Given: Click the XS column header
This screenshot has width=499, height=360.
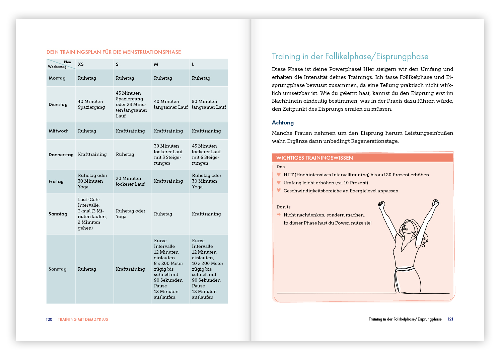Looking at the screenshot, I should pos(81,64).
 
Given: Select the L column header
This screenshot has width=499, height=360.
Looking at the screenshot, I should pos(193,64).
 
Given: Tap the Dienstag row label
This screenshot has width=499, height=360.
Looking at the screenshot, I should pos(58,104).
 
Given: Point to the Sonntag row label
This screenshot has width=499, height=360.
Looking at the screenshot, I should pos(58,269).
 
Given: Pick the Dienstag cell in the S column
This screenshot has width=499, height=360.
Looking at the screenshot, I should pos(131,104).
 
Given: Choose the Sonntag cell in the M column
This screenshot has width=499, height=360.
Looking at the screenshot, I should pos(168,269).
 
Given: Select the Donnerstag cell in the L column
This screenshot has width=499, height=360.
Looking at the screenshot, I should pos(206,155).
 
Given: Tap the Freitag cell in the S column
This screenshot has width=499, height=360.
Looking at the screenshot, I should pos(130,181).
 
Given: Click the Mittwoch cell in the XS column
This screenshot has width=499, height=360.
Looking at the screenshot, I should pos(87,131).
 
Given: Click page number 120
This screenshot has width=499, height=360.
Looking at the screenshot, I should pos(49,320).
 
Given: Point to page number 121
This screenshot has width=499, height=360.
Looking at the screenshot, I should pos(450,319).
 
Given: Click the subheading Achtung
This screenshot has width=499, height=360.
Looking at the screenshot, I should pos(283,122).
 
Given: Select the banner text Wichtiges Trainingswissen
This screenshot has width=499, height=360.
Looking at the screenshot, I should pos(314,158).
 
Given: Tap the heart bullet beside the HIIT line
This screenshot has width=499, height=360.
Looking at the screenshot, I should pos(279,175).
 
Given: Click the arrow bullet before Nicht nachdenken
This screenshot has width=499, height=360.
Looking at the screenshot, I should pos(279,215).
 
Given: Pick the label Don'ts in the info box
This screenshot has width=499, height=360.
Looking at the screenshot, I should pos(283,207).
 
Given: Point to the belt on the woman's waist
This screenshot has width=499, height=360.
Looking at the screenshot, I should pos(405,268).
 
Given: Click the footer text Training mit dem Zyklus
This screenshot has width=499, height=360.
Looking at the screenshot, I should pos(83,320).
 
